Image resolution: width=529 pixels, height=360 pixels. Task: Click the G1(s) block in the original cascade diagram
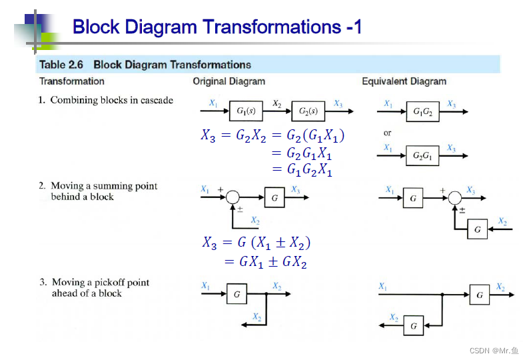(x=245, y=111)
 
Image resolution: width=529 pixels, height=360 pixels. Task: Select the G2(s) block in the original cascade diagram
(x=308, y=111)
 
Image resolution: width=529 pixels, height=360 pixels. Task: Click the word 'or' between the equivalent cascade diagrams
(x=388, y=133)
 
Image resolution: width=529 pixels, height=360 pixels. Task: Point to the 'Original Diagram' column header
(x=229, y=81)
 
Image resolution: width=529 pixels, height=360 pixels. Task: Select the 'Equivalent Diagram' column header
(x=404, y=81)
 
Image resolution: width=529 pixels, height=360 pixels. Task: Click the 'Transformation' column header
(x=72, y=81)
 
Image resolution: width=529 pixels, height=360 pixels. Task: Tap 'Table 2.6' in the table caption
(x=61, y=65)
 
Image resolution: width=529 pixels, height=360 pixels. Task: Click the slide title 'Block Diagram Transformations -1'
(x=217, y=27)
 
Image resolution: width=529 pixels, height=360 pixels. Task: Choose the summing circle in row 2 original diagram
(x=233, y=197)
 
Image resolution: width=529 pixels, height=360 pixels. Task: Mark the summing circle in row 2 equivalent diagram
(x=455, y=197)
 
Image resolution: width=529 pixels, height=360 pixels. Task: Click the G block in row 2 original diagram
(x=274, y=197)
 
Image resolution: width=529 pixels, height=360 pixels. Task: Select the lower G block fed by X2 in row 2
(x=477, y=230)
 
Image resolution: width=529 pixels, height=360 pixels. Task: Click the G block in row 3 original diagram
(x=237, y=293)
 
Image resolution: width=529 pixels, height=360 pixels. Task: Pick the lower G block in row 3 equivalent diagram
(x=414, y=326)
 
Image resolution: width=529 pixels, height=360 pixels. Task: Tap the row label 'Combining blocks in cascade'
(x=111, y=100)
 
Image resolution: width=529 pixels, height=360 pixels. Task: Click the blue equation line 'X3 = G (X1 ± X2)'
(x=257, y=243)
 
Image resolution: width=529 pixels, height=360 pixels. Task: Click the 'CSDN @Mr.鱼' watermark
(x=494, y=351)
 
